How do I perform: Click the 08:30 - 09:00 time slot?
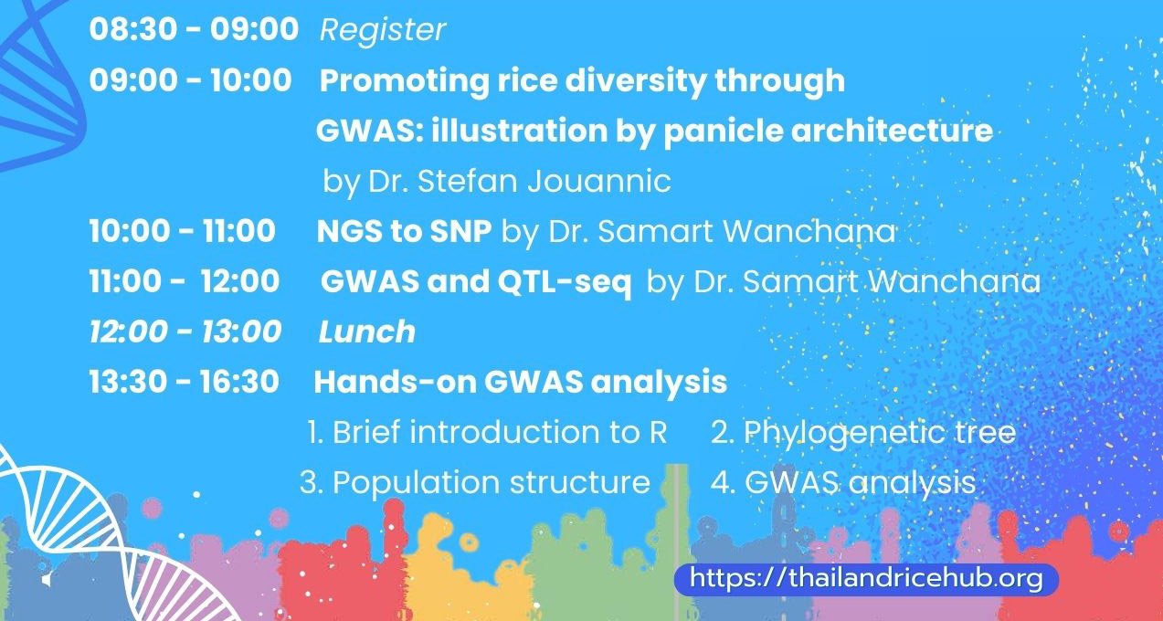194,28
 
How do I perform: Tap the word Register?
383,30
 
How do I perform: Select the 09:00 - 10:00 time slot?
190,80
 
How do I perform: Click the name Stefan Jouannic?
544,181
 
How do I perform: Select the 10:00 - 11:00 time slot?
182,230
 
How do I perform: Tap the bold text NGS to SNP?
404,231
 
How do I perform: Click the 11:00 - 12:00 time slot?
185,281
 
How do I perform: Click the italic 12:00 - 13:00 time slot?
185,332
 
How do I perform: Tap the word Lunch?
366,332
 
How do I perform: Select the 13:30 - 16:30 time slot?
185,382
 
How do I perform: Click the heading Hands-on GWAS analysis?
520,383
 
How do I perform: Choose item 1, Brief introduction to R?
487,432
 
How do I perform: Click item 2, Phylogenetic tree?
863,433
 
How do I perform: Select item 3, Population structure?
474,483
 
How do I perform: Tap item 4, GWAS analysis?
843,483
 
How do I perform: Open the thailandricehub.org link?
866,578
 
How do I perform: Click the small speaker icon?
47,580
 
